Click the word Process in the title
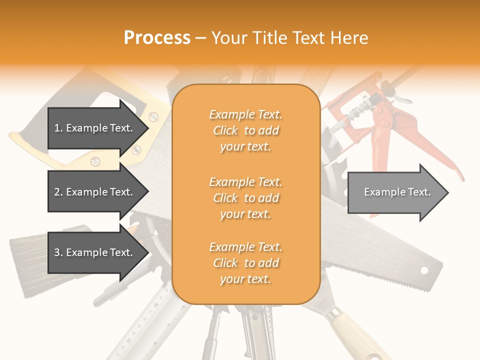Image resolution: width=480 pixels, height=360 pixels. pyautogui.click(x=157, y=38)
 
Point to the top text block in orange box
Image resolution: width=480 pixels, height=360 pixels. pyautogui.click(x=245, y=130)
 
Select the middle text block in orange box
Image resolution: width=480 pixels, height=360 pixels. pyautogui.click(x=245, y=198)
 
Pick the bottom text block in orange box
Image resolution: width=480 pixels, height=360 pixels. pyautogui.click(x=245, y=263)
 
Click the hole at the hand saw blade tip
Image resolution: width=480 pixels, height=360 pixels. pyautogui.click(x=424, y=270)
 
